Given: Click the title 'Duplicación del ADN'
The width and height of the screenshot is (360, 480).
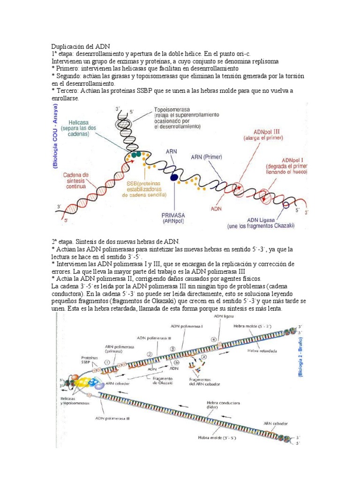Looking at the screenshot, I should tap(80, 47).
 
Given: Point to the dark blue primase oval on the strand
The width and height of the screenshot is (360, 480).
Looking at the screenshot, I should tap(174, 177).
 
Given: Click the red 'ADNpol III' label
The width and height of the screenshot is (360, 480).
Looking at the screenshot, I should tap(259, 135).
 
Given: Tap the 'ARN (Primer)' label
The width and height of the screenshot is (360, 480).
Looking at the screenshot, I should tap(207, 157).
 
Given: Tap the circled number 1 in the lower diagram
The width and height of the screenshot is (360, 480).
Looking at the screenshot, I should tap(107, 362).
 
